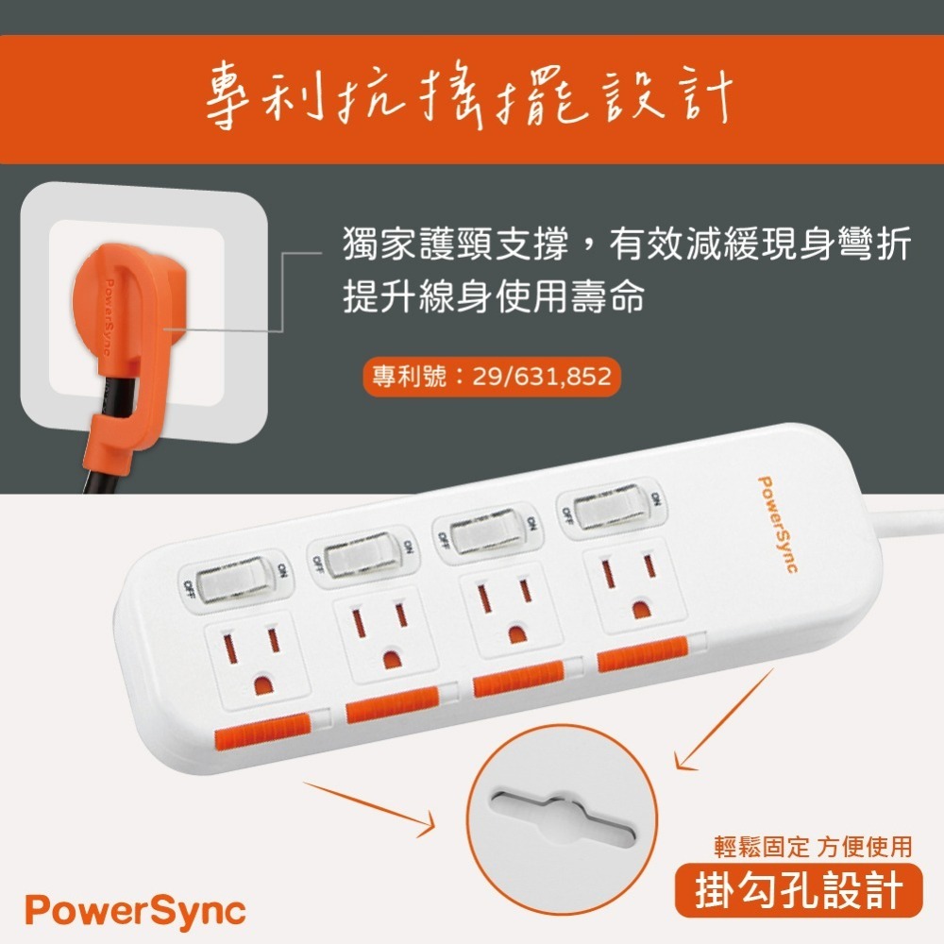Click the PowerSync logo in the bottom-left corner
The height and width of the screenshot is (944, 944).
(x=135, y=911)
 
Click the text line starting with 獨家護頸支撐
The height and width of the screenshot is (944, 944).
(x=626, y=246)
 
